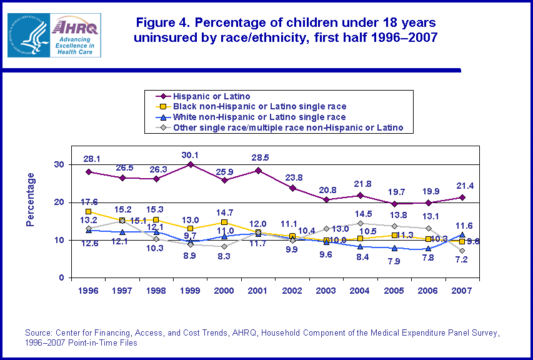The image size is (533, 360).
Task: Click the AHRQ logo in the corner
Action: coord(54,35)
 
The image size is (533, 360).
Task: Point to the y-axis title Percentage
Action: coord(31,199)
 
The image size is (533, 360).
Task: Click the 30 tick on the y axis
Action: coord(62,164)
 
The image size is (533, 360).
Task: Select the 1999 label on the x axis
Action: coord(190,292)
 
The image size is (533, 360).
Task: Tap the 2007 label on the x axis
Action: coord(462,292)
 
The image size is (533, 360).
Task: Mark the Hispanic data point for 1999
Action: coord(190,164)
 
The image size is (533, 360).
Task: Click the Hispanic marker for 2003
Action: coord(326,199)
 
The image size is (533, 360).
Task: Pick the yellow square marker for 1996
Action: coord(89,211)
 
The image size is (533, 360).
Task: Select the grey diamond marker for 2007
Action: coord(462,251)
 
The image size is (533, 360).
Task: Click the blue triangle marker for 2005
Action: coord(394,248)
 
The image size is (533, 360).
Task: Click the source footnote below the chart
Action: coord(262,338)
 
